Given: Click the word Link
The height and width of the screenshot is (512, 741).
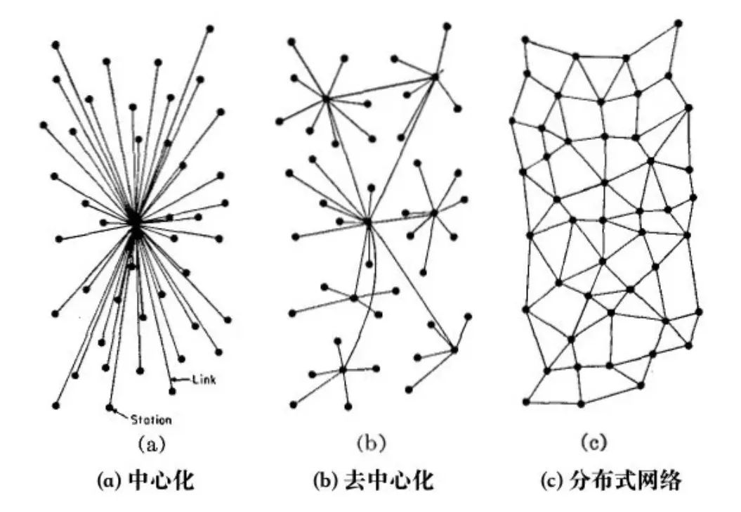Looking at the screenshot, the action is point(204,380).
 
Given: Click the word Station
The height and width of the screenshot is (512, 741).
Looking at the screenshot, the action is point(151,420).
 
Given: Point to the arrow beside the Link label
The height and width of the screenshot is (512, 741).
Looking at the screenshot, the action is point(181,378).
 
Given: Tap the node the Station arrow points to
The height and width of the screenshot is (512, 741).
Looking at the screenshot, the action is point(110,407).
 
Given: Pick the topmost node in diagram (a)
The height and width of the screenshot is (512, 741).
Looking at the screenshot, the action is point(210,29).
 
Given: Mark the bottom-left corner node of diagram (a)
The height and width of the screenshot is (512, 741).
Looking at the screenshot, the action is point(56,406).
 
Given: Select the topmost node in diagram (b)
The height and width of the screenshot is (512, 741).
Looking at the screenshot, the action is point(447,26).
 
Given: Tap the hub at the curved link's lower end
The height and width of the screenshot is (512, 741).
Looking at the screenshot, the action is point(343,369).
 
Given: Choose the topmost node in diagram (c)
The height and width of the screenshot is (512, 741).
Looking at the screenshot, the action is point(678,23).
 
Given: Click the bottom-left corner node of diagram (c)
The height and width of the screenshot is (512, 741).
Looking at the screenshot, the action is point(526,402).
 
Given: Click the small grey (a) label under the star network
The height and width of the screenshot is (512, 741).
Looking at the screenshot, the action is point(151,444).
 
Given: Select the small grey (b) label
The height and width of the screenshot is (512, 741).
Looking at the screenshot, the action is point(372,443).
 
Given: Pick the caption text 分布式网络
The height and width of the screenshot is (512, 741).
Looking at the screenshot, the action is point(625,480).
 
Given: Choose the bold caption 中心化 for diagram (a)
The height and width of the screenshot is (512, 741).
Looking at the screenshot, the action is point(161,480).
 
